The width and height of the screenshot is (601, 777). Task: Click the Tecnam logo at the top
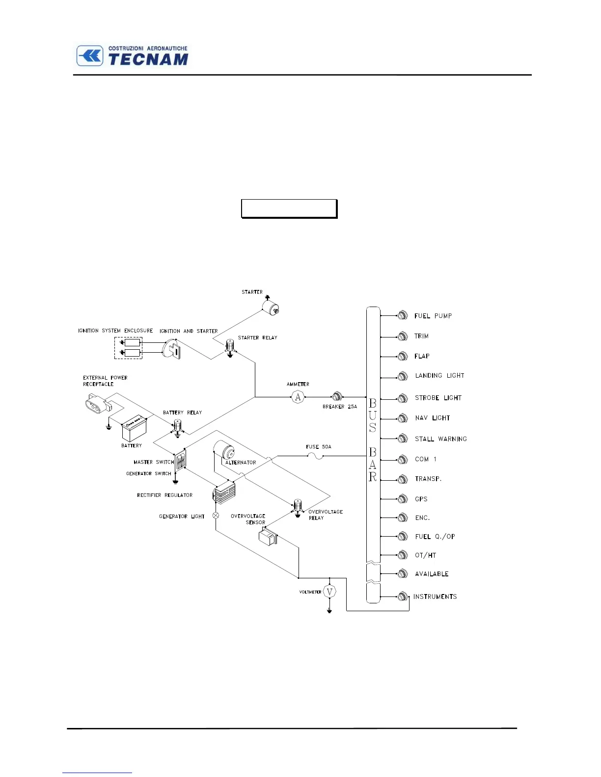132,56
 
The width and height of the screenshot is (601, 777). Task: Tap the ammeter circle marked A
298,397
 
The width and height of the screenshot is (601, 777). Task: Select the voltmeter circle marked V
329,592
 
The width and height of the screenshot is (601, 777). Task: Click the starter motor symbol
270,307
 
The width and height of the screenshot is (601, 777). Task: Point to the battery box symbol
134,429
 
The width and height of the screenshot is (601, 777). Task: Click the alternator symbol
224,450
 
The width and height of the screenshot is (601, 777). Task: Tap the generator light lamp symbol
216,516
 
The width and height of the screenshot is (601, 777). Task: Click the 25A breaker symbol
337,396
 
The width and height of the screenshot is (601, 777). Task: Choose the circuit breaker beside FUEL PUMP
403,315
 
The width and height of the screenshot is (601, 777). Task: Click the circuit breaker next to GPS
403,499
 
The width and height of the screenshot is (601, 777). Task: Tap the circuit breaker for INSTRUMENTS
403,596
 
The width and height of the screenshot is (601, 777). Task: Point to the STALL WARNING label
440,439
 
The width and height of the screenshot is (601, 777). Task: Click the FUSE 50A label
318,447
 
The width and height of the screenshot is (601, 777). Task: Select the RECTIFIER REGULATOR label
164,495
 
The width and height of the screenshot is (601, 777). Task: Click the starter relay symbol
230,347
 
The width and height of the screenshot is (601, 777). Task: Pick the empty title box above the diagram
289,208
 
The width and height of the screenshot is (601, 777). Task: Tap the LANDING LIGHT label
439,376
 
